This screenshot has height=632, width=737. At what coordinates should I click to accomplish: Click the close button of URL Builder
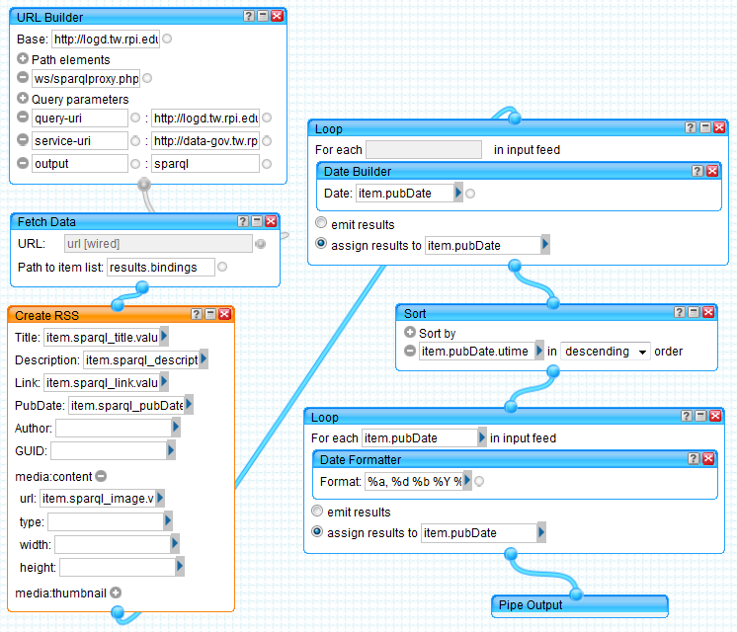(278, 17)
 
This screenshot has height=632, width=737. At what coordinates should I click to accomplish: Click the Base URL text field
(105, 39)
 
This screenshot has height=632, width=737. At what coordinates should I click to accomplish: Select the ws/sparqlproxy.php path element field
(87, 78)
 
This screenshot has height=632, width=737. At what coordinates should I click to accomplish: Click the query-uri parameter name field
(79, 118)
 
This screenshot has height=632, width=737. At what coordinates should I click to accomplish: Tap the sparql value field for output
(205, 164)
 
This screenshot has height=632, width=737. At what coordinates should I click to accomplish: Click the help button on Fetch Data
(243, 222)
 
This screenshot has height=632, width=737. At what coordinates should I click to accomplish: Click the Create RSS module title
(47, 315)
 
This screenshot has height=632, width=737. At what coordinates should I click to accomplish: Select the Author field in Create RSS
(113, 428)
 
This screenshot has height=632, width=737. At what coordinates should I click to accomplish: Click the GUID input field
(108, 450)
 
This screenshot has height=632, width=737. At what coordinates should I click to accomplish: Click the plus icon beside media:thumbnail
(116, 592)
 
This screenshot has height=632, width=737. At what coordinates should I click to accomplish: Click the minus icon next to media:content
(101, 476)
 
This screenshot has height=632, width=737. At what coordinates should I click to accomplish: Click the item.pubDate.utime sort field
(475, 351)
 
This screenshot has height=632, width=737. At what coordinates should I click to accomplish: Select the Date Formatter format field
(414, 481)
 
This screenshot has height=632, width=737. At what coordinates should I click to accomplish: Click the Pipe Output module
(579, 604)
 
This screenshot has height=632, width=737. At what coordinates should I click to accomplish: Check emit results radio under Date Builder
(320, 224)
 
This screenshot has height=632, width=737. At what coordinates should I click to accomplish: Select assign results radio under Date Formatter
(316, 532)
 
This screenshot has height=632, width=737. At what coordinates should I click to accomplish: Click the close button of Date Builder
(712, 172)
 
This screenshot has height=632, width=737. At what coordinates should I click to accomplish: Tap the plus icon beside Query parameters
(23, 99)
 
